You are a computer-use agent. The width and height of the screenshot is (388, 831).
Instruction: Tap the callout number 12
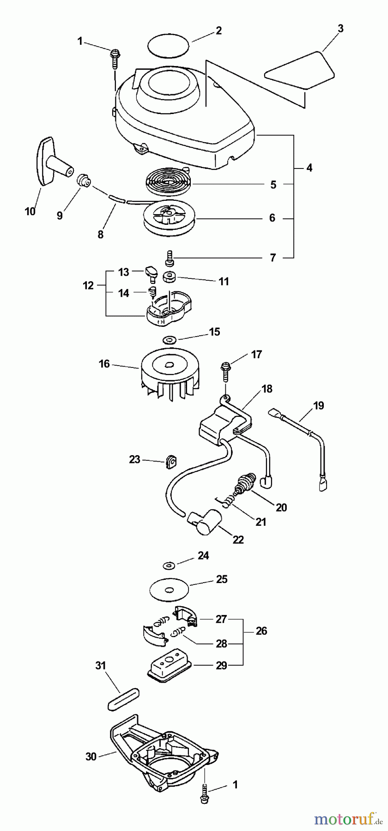(x=88, y=286)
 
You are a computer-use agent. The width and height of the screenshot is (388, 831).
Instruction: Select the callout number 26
(x=261, y=631)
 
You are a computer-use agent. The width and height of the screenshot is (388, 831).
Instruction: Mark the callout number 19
(x=318, y=406)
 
